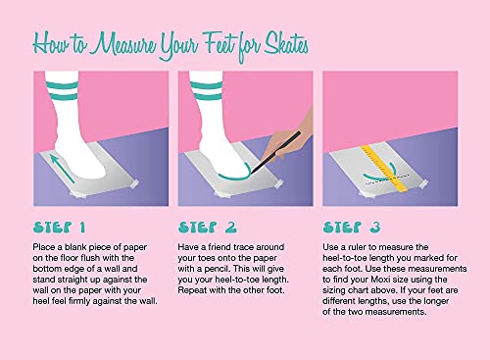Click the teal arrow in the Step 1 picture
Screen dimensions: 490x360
[63, 169]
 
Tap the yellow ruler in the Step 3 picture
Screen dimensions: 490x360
[384, 169]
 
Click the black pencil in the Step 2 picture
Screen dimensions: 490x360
[275, 153]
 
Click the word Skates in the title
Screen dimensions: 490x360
[286, 44]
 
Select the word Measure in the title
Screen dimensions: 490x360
[122, 44]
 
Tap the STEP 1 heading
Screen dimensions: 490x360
[59, 228]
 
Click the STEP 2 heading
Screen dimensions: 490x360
[207, 228]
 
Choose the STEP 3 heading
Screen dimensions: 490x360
[352, 228]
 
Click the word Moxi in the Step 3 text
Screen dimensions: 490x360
[379, 280]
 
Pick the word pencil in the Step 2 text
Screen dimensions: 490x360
[218, 269]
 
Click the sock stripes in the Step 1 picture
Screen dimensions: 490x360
[62, 90]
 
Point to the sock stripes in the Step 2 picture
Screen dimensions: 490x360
[206, 90]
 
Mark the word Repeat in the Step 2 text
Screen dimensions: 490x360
[192, 290]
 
